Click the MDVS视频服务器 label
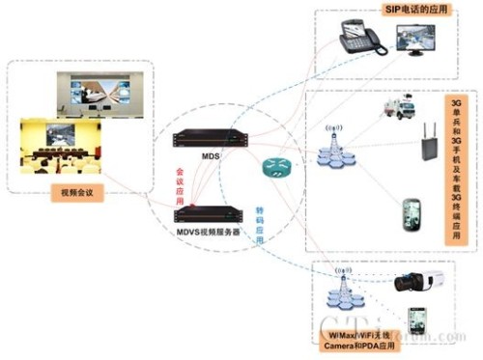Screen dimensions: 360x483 click(x=209, y=232)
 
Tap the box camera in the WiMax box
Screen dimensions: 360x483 click(x=417, y=283)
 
